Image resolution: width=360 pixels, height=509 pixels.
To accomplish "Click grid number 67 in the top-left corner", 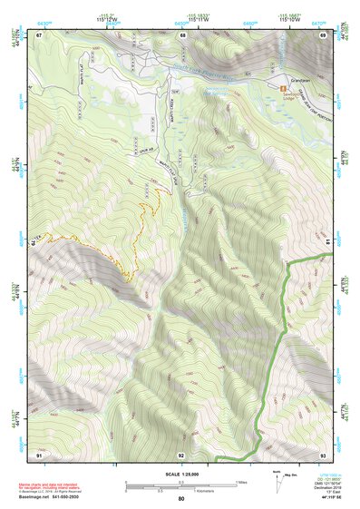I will pos(40,34).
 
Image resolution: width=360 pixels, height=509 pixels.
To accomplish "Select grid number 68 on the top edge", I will pos(181,34).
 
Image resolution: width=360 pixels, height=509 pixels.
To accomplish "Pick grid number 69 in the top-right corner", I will pos(322,34).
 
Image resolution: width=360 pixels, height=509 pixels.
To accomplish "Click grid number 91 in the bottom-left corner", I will pos(40,454).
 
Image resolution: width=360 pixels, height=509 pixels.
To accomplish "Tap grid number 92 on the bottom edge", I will pos(181,454).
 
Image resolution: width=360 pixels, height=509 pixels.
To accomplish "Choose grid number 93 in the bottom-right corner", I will pos(322,454).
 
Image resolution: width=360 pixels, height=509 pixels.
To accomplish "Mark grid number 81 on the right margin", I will pos(327,243).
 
